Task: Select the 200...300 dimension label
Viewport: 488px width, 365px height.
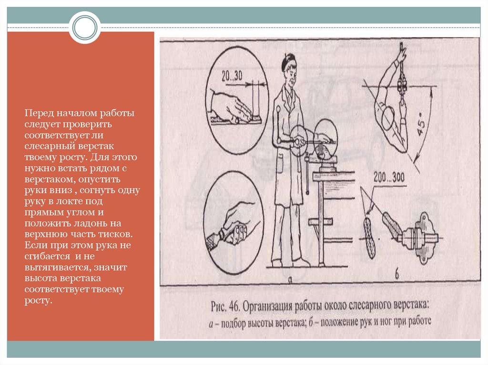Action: [x=389, y=178]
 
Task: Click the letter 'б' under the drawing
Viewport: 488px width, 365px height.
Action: [x=397, y=276]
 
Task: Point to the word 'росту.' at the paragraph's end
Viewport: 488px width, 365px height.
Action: [x=38, y=301]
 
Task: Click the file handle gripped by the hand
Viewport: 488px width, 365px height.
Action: [x=215, y=240]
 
